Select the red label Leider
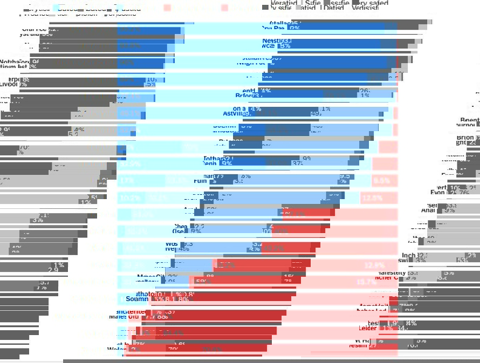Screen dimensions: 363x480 tap(368, 328)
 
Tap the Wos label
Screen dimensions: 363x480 tap(171, 243)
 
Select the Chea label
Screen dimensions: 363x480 tap(181, 226)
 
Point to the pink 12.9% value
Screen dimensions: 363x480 tap(374, 265)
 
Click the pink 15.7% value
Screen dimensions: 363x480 tap(366, 282)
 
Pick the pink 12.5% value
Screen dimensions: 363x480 tap(371, 198)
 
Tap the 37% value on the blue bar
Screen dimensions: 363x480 tap(297, 163)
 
